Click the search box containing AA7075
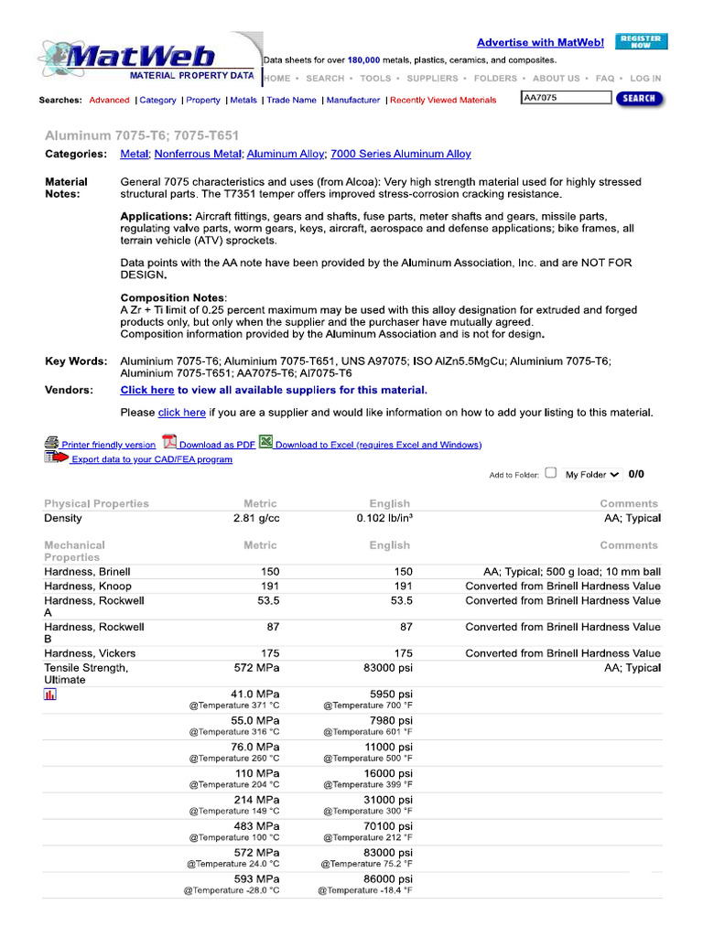tap(565, 97)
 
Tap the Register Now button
tap(641, 42)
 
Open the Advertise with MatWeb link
tap(540, 43)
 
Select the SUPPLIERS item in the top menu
tap(432, 79)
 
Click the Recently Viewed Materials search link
tap(443, 101)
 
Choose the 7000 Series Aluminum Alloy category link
tap(401, 155)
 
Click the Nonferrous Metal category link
tap(198, 155)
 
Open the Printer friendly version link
tap(108, 445)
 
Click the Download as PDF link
tap(217, 445)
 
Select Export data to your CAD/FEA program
tap(151, 459)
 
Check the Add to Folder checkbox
tap(550, 473)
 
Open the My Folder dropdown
tap(592, 475)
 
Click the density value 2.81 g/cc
tap(256, 519)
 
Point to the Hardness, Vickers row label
tap(90, 653)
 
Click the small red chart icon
tap(50, 695)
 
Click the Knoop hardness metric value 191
tap(270, 587)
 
